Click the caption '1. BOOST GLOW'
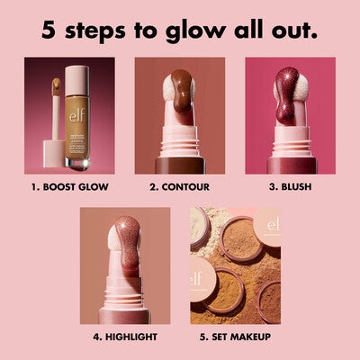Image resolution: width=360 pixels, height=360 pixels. coord(70,188)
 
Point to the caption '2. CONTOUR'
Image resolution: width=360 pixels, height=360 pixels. coord(179,188)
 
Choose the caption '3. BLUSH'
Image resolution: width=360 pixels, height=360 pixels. coord(290,188)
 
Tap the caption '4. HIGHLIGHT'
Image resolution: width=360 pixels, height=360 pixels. coord(125,337)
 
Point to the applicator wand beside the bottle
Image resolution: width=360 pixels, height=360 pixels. coord(53,117)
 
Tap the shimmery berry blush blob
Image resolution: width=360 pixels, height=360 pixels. coord(286,99)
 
